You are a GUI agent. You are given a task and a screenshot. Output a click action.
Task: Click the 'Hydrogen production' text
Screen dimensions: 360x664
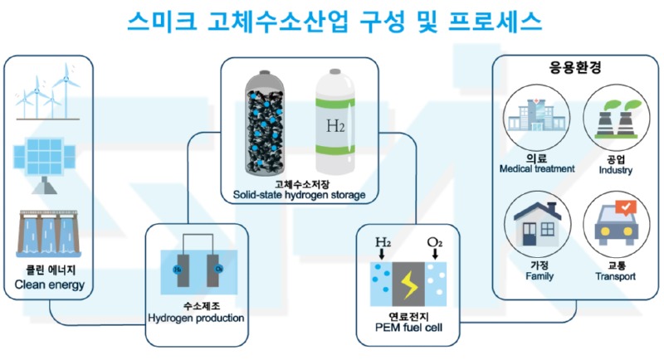click(196, 318)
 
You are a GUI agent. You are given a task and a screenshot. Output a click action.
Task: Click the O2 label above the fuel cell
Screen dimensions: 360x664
click(435, 242)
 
